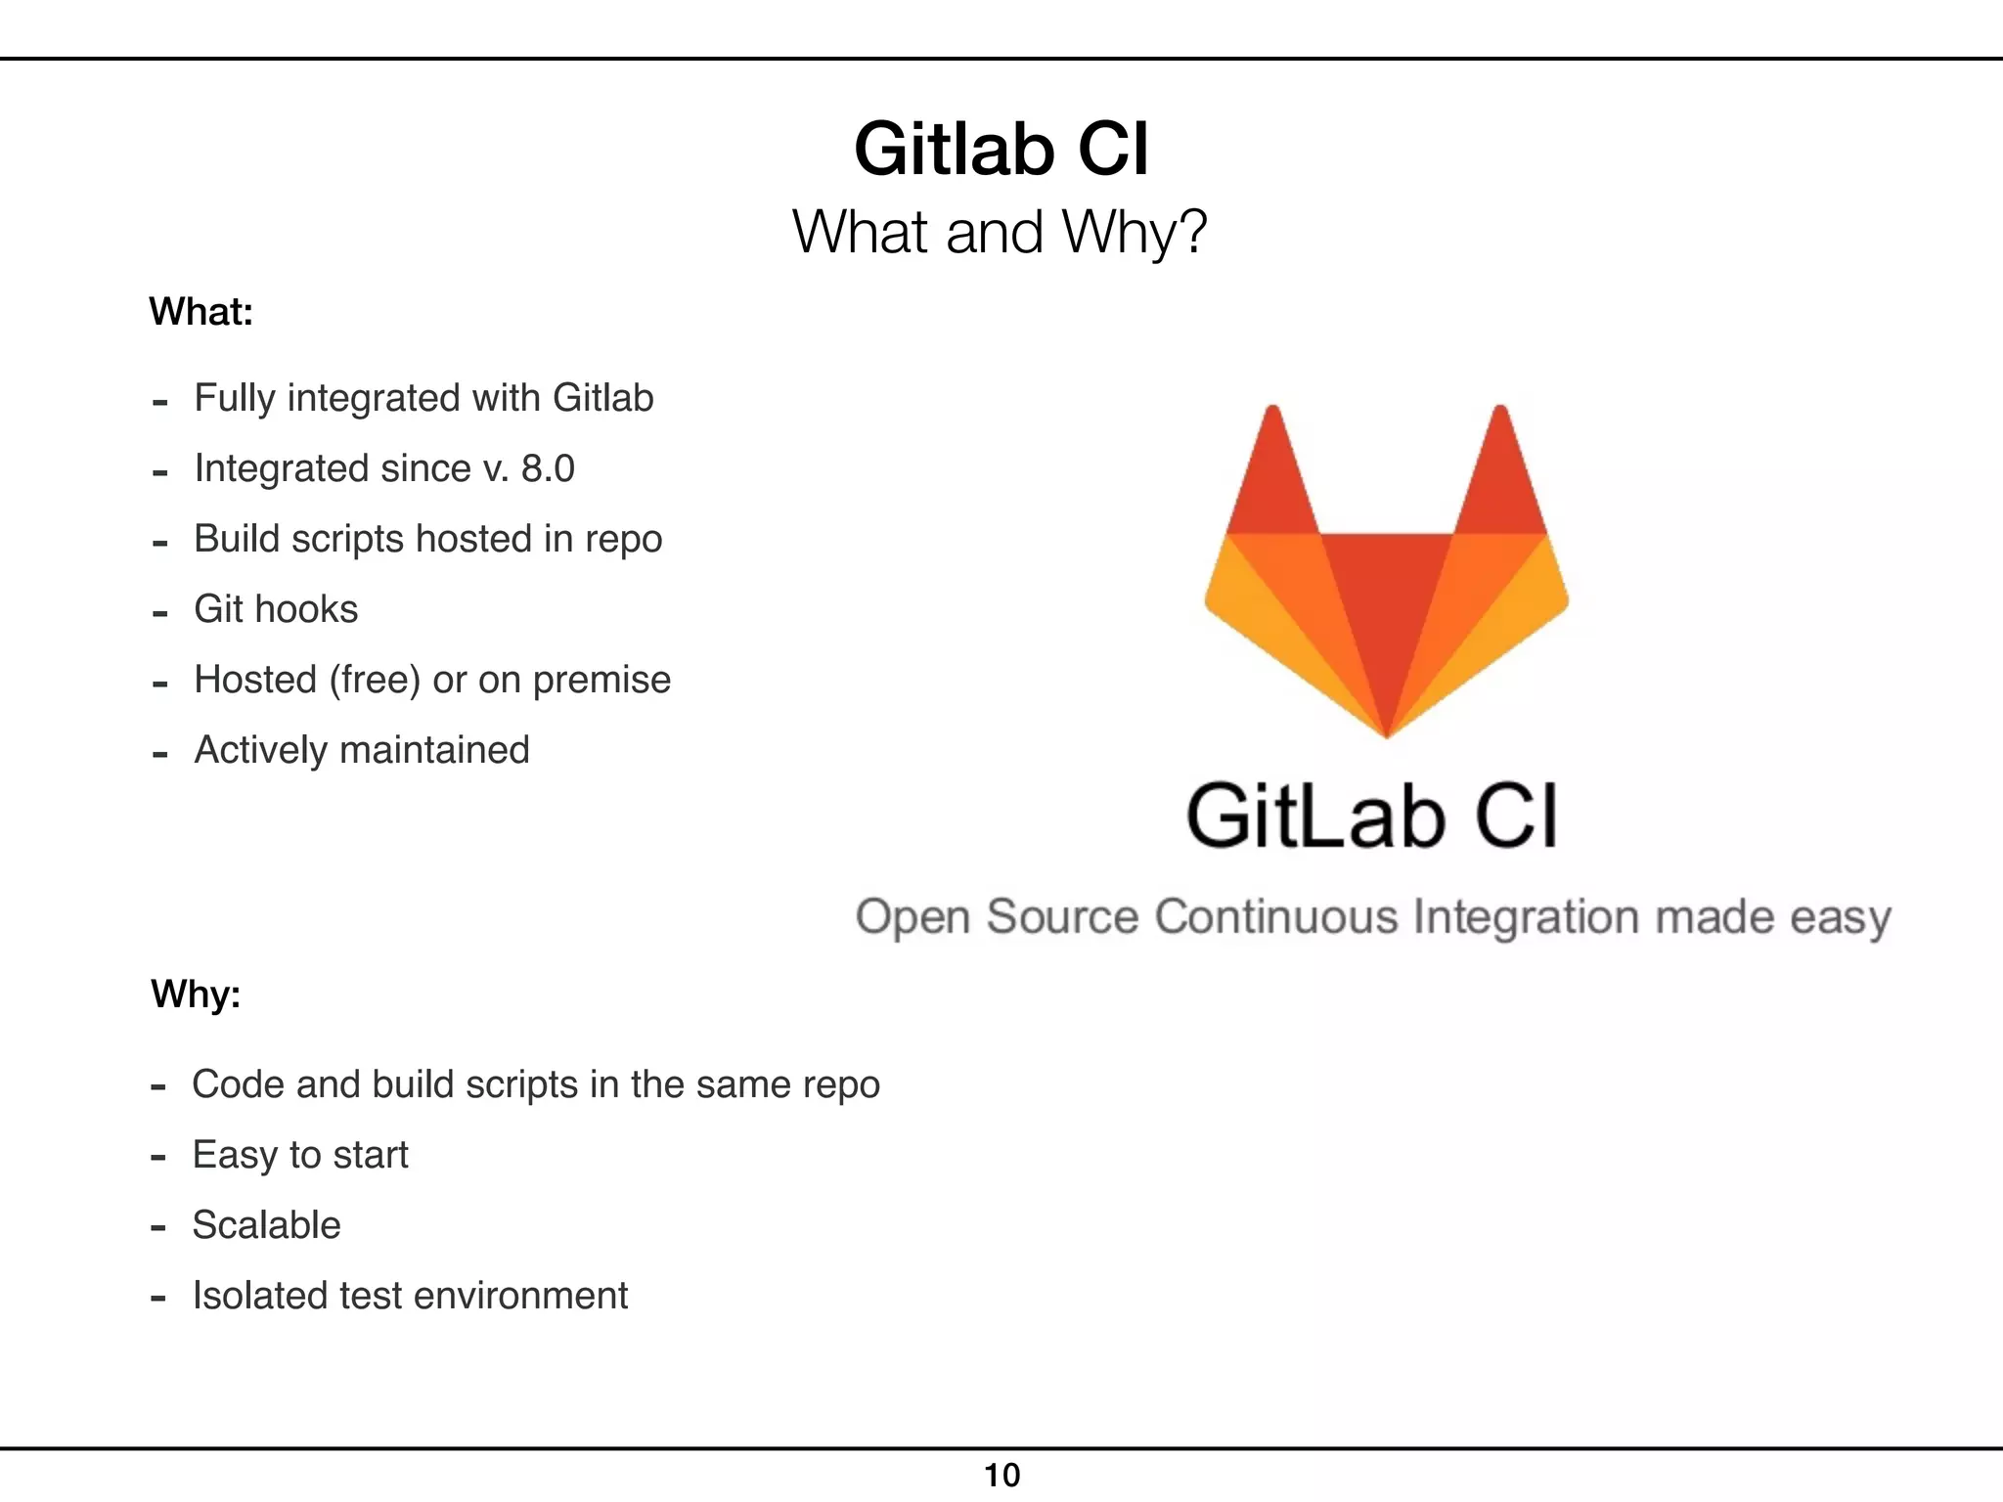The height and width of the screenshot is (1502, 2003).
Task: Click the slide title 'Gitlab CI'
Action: click(x=1001, y=149)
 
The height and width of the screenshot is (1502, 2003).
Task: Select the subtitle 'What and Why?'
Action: click(x=1000, y=233)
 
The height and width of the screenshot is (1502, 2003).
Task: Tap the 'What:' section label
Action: click(x=201, y=312)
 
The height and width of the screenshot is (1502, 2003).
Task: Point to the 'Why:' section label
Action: click(x=196, y=994)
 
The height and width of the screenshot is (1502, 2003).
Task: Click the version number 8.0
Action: click(x=548, y=468)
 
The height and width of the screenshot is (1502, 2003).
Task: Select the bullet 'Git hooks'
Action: click(x=276, y=609)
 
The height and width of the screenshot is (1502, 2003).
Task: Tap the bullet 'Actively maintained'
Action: click(x=362, y=750)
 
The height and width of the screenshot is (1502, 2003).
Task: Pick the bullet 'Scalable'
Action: click(x=266, y=1225)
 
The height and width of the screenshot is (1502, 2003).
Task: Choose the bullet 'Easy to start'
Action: click(x=300, y=1155)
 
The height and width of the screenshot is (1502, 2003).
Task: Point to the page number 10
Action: click(x=1001, y=1475)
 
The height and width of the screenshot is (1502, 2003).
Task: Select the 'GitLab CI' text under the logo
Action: click(x=1371, y=816)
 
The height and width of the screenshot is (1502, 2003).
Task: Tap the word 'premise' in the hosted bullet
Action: click(x=601, y=680)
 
